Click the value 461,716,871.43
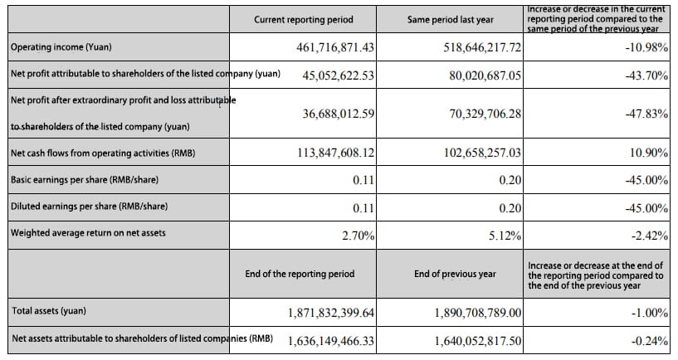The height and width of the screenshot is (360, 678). coord(335,47)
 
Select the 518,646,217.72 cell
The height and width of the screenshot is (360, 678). coord(482,47)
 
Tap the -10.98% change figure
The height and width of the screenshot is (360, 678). coord(646,47)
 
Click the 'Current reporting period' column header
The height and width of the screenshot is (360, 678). coord(304,20)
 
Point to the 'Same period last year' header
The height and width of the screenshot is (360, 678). coord(450,20)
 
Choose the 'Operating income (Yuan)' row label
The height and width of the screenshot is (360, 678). coord(61,47)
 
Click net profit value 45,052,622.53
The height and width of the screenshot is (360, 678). coord(338,75)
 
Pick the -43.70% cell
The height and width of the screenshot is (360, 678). coord(646,75)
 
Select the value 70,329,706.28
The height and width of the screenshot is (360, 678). coord(485,114)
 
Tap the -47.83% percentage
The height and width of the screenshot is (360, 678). coord(646,114)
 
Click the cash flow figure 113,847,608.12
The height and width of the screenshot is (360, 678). coord(336,153)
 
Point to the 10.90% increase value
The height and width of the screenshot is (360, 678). coord(649,153)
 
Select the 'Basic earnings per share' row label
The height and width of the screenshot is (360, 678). coord(85,179)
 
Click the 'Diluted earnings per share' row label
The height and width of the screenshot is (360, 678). coord(89,207)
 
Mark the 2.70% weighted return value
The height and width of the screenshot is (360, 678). coord(358,236)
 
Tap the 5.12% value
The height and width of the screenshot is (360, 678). coord(505,236)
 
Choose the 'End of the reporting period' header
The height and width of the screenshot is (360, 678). coord(300,274)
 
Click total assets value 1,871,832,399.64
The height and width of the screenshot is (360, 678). coord(331,313)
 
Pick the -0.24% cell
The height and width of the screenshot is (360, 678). coord(650,341)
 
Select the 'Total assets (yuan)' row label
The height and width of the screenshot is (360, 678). coord(49,311)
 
